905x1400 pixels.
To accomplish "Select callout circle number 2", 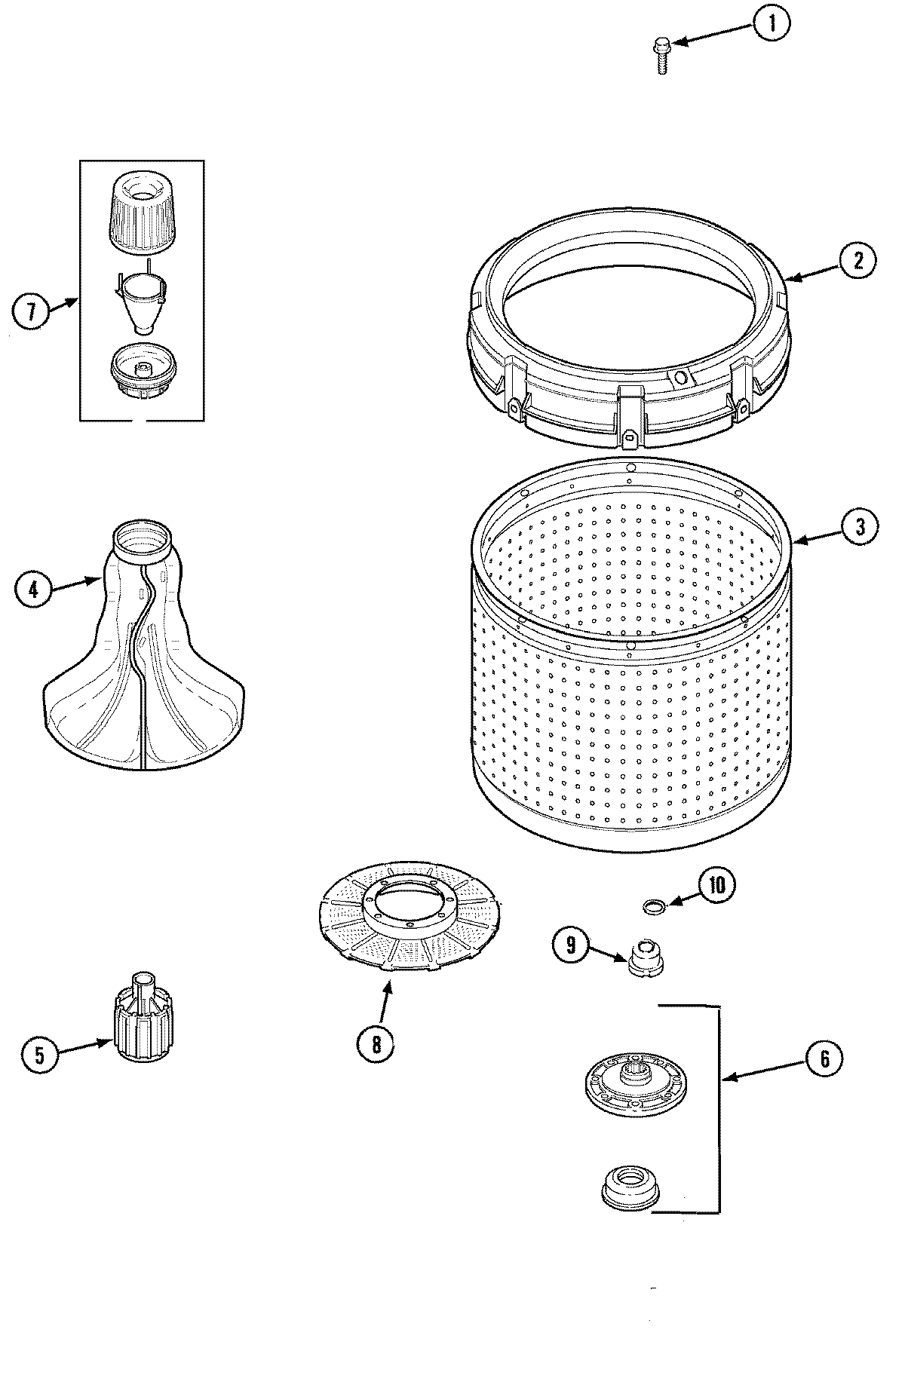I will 858,261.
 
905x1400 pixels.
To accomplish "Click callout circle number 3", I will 859,527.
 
